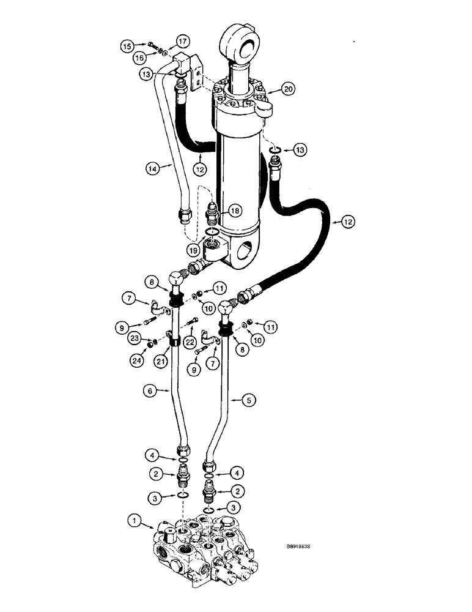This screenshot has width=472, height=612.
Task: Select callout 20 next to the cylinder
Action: pos(289,89)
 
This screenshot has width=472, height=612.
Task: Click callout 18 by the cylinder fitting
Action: pos(233,210)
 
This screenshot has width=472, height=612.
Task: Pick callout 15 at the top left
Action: pos(126,46)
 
